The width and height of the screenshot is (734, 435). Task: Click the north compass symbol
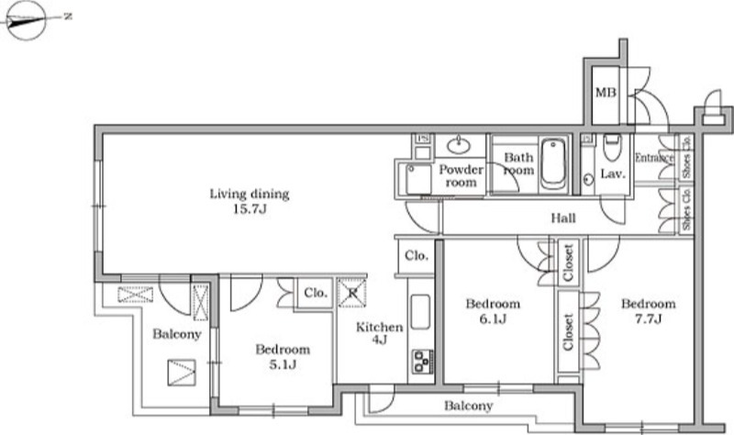click(27, 20)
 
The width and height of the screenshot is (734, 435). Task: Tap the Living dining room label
click(249, 194)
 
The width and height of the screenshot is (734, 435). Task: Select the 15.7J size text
click(250, 209)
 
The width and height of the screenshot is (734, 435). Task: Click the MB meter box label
click(606, 93)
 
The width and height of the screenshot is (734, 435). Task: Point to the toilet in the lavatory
click(612, 148)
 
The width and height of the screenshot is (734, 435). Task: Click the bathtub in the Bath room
click(553, 164)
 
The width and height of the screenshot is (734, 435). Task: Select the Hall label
click(563, 217)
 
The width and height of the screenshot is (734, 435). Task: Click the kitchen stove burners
click(423, 361)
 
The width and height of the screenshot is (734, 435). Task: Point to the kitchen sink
click(420, 312)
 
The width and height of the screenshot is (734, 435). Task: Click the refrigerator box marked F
click(352, 293)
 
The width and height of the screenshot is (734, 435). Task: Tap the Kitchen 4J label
click(379, 333)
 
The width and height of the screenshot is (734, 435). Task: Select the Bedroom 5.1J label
click(283, 356)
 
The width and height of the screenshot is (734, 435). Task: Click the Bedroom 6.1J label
click(493, 311)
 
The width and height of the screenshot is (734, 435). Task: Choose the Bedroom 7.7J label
click(649, 311)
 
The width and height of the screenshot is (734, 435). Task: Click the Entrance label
click(654, 158)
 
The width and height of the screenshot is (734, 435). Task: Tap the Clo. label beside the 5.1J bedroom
click(316, 293)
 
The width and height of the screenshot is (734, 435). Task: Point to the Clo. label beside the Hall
click(417, 256)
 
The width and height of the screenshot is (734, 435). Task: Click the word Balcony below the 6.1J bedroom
click(469, 406)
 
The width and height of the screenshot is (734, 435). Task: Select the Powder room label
click(462, 175)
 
